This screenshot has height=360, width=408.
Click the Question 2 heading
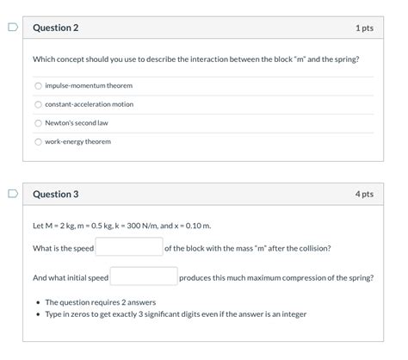pyautogui.click(x=55, y=28)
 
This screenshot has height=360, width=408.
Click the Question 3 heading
pyautogui.click(x=55, y=195)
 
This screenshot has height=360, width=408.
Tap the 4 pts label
pyautogui.click(x=363, y=195)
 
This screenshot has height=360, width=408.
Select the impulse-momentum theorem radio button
pyautogui.click(x=38, y=85)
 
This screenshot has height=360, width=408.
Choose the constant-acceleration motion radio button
pyautogui.click(x=38, y=104)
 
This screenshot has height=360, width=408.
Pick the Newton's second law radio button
pyautogui.click(x=38, y=123)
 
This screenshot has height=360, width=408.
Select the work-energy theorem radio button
pyautogui.click(x=38, y=141)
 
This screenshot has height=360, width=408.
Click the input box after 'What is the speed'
pyautogui.click(x=129, y=247)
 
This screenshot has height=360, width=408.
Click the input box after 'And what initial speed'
pyautogui.click(x=144, y=277)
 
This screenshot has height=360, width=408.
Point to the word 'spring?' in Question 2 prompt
pyautogui.click(x=345, y=59)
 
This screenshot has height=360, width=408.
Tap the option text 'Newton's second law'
pyautogui.click(x=77, y=123)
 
